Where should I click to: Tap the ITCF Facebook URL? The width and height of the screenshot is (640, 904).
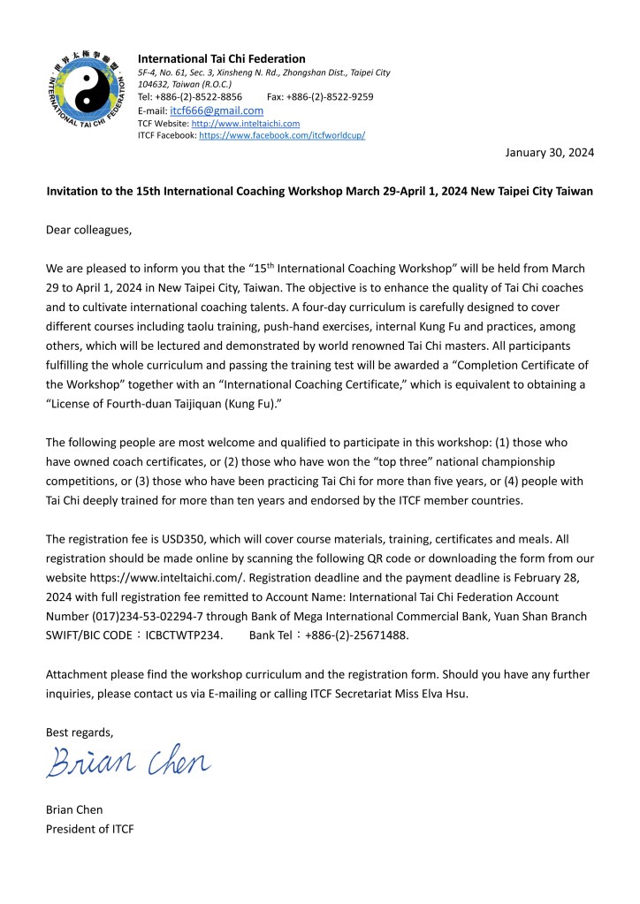click(x=282, y=135)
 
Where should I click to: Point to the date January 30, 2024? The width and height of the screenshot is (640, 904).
click(x=550, y=152)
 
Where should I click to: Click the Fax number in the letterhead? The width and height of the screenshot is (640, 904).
click(x=320, y=97)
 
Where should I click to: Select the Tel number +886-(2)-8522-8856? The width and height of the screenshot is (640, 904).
click(x=190, y=97)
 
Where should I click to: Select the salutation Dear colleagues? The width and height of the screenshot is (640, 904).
click(x=88, y=231)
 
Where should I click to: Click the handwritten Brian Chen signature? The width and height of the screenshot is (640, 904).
click(x=128, y=762)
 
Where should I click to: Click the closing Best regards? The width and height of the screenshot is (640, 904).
click(x=80, y=732)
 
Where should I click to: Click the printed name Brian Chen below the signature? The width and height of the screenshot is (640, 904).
click(x=74, y=809)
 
